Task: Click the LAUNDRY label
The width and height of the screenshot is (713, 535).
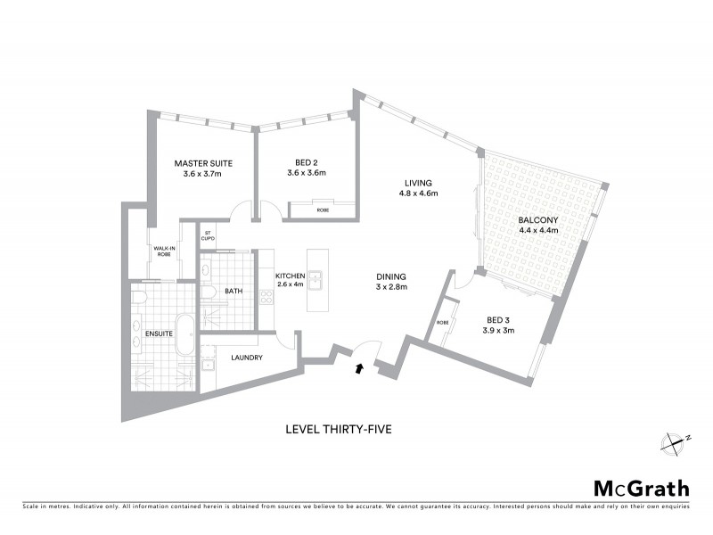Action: (x=247, y=358)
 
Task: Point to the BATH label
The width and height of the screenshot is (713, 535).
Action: (x=234, y=292)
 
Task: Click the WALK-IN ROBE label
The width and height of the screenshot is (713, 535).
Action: (x=163, y=251)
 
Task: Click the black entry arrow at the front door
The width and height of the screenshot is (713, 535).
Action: (x=359, y=366)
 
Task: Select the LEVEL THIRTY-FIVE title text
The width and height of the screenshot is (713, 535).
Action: (x=338, y=429)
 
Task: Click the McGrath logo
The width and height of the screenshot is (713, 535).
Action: (x=641, y=488)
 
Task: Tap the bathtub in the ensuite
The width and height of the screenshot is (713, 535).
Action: (x=185, y=336)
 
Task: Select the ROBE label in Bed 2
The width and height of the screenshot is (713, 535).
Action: (x=322, y=210)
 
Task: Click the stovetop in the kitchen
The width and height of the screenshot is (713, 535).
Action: (x=266, y=296)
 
